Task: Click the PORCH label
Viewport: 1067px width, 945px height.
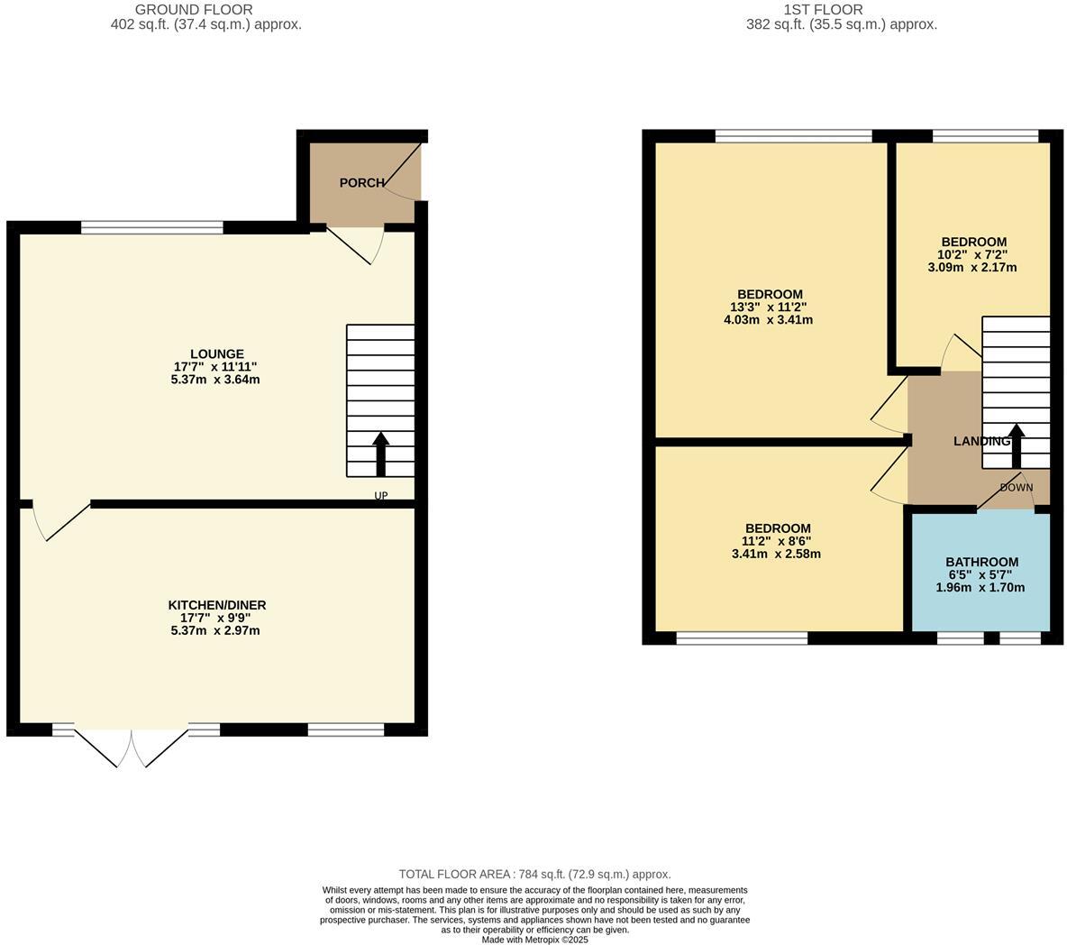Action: click(x=360, y=183)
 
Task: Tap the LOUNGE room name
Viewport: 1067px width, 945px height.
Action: click(x=216, y=354)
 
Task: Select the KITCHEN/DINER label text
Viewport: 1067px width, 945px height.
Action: click(x=216, y=605)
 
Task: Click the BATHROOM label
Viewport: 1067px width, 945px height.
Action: click(x=981, y=562)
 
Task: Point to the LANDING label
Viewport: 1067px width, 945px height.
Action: click(x=981, y=442)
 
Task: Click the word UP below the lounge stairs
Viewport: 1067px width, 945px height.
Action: click(x=381, y=496)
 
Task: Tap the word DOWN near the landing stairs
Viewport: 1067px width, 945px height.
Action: click(x=1017, y=488)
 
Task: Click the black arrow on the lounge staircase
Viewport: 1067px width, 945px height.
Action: click(x=380, y=454)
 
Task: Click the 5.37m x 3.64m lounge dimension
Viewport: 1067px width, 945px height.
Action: click(x=216, y=380)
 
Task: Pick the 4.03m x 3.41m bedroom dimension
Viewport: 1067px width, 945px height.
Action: click(x=769, y=319)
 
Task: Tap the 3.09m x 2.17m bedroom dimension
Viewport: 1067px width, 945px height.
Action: click(x=973, y=267)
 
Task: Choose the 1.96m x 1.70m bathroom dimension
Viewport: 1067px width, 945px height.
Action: click(x=981, y=587)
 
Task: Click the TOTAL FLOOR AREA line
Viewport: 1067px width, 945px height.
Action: click(x=534, y=874)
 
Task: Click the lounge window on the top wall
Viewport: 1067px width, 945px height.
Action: click(x=151, y=227)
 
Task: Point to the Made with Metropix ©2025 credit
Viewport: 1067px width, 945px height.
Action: click(x=534, y=939)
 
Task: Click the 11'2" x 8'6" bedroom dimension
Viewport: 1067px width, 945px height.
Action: click(x=777, y=541)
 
